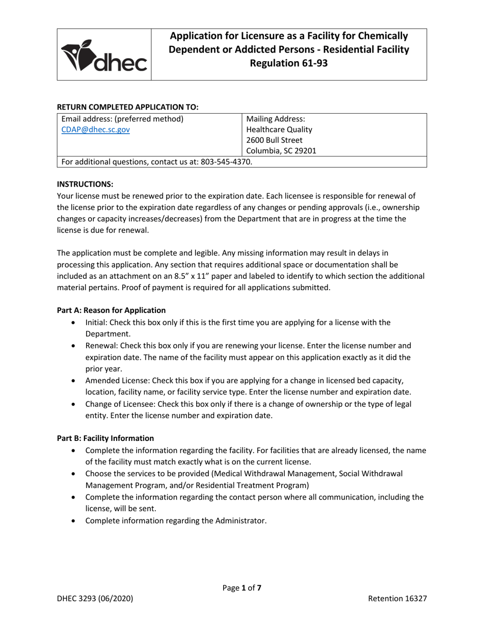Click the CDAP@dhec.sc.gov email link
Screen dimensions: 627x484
point(95,130)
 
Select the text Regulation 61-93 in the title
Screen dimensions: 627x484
point(288,63)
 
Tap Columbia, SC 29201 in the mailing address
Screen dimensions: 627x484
point(281,151)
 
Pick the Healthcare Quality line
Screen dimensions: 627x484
point(279,130)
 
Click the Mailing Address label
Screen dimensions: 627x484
point(276,119)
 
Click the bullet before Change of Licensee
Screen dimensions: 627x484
point(76,404)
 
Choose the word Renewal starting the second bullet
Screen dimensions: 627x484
point(100,345)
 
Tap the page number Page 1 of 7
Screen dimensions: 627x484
point(242,588)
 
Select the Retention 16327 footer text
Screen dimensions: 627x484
point(397,599)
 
